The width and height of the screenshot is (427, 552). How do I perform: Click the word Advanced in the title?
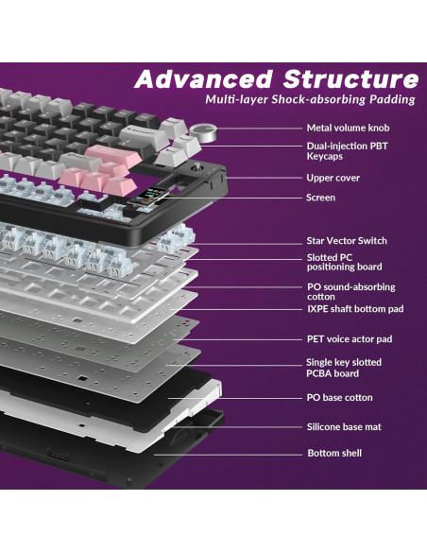click(193, 79)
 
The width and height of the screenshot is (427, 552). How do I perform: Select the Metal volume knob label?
click(347, 128)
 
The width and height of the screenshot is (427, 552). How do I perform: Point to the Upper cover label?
click(333, 178)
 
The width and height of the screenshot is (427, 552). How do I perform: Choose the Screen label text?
click(320, 198)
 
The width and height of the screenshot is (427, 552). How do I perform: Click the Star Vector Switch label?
click(346, 241)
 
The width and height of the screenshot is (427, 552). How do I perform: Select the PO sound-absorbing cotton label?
click(350, 291)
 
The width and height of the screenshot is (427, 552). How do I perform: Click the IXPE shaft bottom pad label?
click(354, 309)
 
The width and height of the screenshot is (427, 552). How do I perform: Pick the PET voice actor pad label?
click(349, 338)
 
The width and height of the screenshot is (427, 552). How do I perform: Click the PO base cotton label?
click(339, 397)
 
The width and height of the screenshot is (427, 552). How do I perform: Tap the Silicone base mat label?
click(344, 427)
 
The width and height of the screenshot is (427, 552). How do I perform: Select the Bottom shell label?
click(333, 454)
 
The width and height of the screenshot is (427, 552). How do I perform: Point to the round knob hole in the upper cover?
click(198, 170)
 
